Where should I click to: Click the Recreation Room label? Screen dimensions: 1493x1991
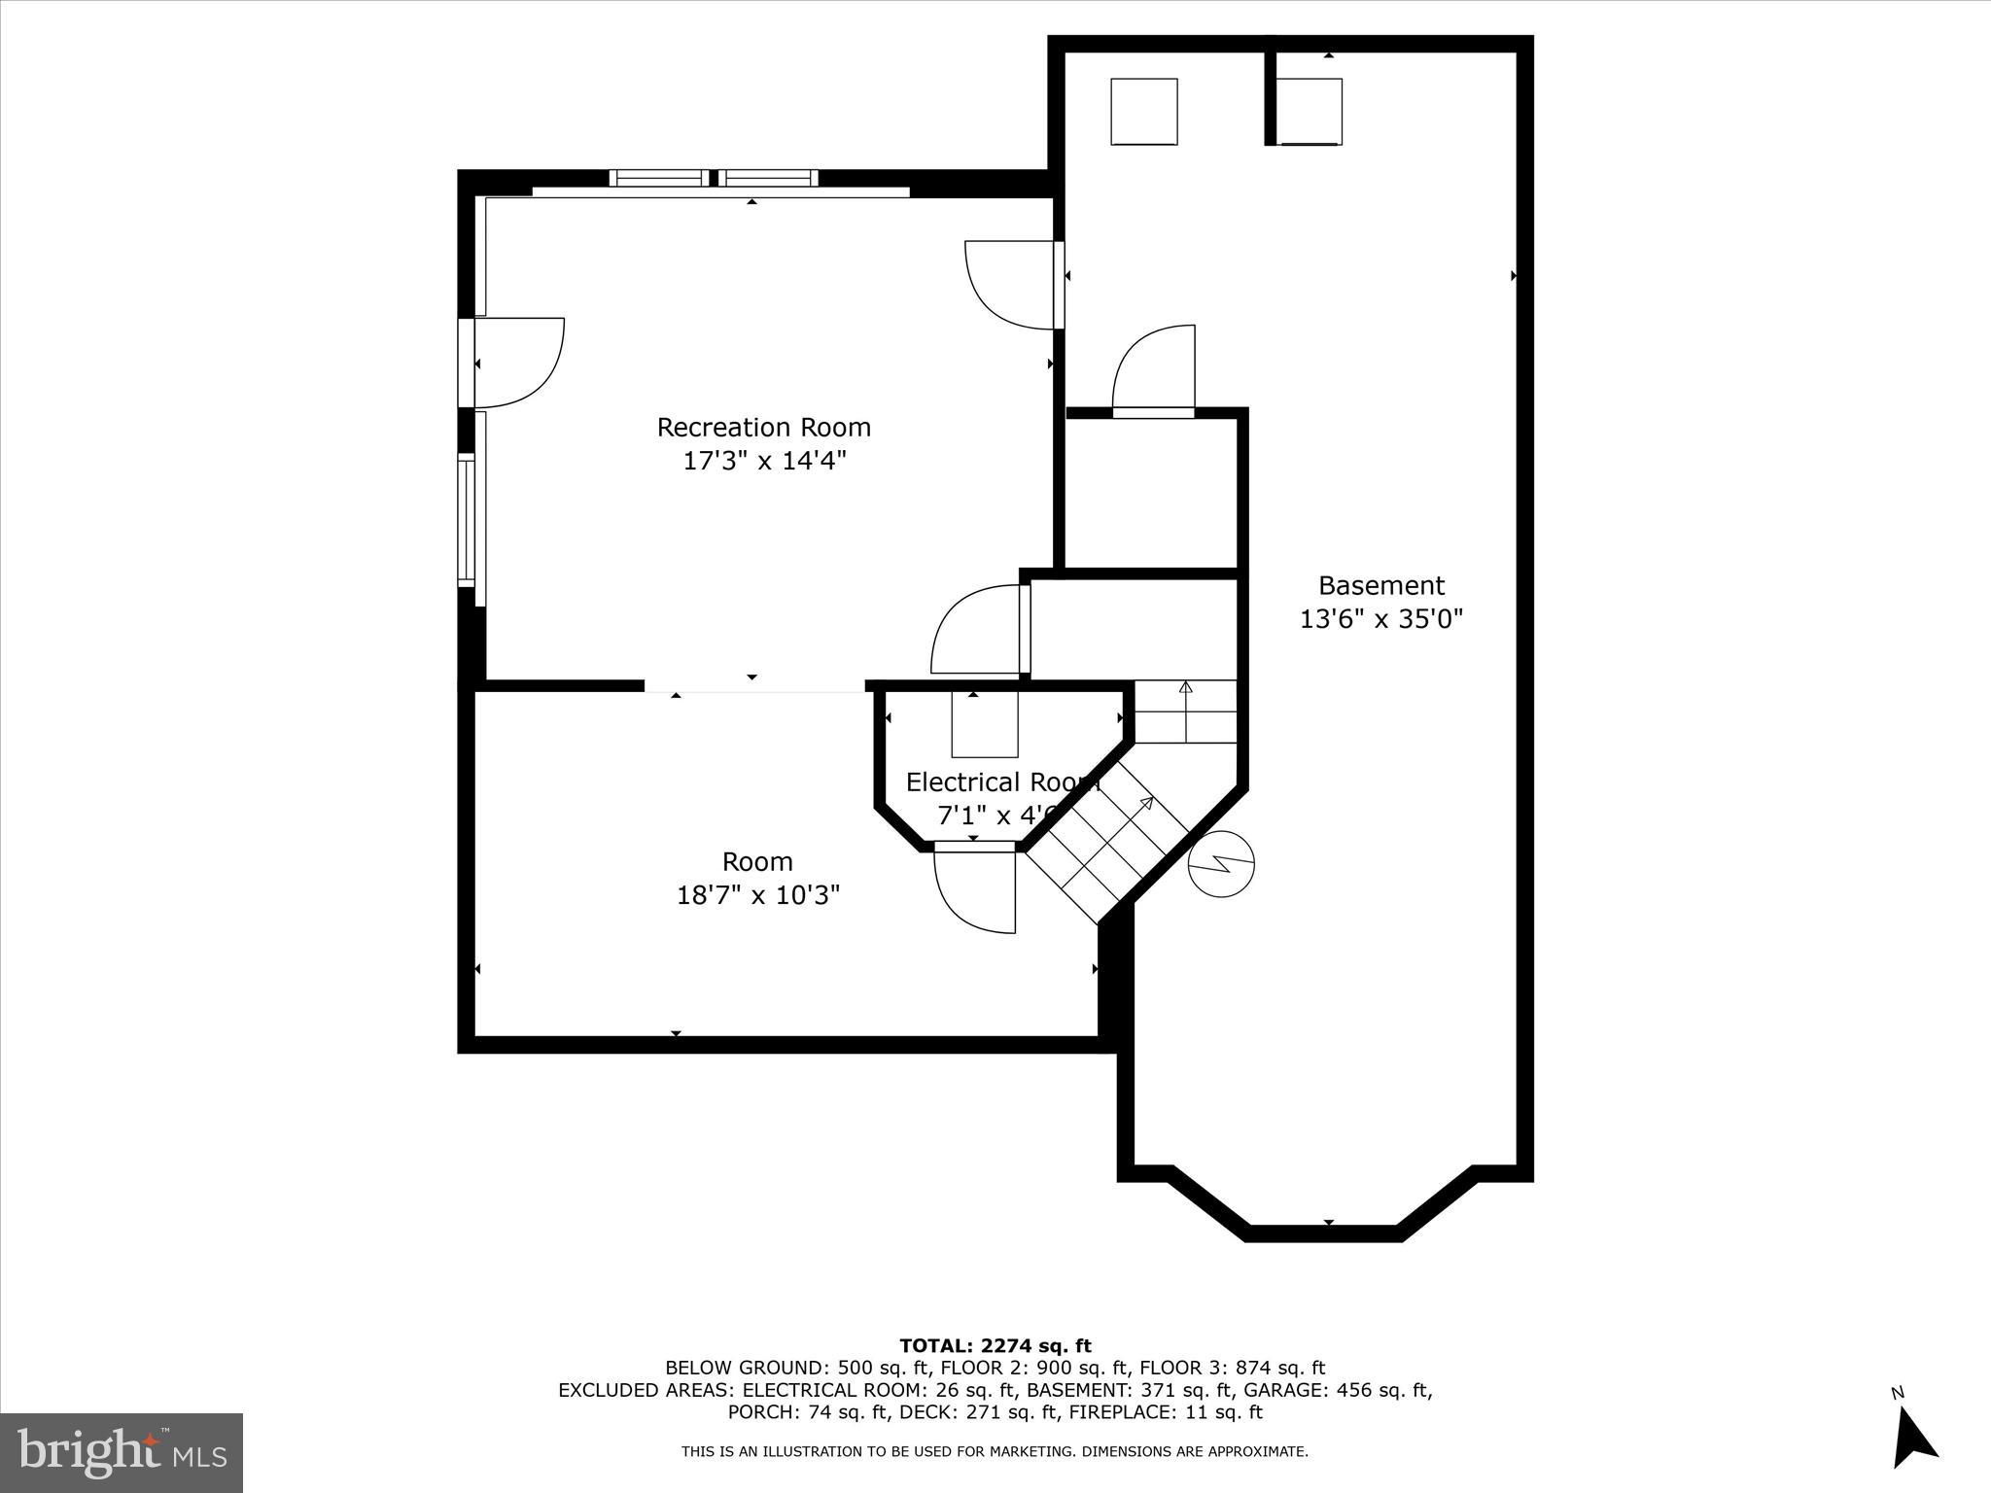click(763, 428)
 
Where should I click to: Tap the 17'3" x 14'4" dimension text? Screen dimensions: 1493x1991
click(764, 461)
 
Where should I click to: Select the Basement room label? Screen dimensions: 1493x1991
click(1380, 586)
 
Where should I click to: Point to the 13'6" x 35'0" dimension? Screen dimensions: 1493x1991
click(1380, 619)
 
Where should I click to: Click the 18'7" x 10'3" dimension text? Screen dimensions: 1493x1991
click(757, 895)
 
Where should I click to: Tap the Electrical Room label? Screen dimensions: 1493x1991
click(1001, 782)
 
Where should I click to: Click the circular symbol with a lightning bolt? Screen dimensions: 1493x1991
click(1221, 863)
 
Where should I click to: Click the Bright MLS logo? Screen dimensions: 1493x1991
click(122, 1452)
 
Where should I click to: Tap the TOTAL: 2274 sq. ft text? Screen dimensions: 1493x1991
click(995, 1346)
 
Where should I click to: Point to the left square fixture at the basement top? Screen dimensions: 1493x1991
click(1143, 112)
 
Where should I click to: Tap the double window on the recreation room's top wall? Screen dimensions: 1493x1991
click(714, 178)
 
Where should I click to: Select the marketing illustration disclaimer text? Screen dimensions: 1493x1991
click(995, 1452)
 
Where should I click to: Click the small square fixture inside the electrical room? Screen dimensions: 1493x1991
click(984, 724)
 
